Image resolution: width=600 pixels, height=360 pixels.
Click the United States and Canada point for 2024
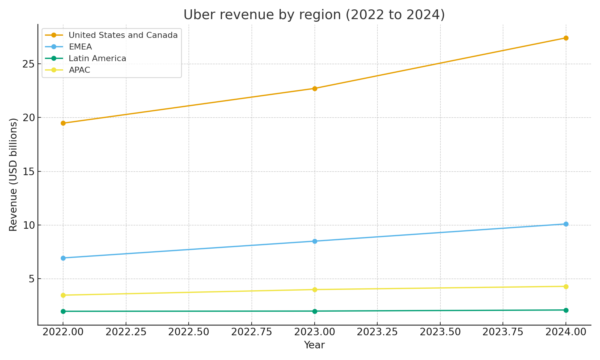(566, 38)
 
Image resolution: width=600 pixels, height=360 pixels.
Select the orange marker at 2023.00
(315, 88)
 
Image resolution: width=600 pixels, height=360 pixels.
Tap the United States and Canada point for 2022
(63, 123)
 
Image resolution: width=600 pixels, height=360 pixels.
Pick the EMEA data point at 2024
(566, 224)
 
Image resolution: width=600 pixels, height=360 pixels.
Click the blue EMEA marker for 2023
(315, 241)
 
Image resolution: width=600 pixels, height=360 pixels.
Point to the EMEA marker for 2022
(63, 258)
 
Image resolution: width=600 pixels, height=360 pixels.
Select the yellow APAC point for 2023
(315, 289)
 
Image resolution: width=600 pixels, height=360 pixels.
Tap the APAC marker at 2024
(566, 286)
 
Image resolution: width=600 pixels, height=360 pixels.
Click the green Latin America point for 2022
(63, 311)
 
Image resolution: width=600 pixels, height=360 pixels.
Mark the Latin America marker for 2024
(566, 310)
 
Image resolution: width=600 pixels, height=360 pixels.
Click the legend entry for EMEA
(80, 47)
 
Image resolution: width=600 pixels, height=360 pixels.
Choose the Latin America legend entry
(97, 58)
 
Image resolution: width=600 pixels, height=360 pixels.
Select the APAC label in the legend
(79, 70)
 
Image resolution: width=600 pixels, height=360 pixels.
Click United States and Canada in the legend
(123, 35)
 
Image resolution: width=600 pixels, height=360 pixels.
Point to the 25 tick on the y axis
(28, 64)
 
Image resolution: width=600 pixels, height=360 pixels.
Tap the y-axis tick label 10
(28, 225)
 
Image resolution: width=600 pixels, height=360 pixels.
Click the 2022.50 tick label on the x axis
(188, 332)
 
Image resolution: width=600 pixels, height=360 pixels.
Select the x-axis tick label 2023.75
(502, 332)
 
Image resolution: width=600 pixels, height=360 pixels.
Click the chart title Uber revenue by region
(314, 15)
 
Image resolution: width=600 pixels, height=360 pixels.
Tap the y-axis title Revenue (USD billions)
(13, 174)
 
